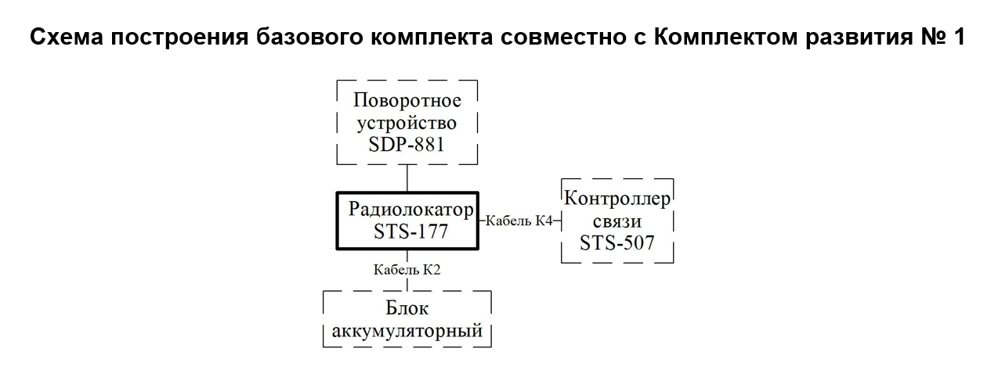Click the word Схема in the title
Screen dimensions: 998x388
tap(67, 37)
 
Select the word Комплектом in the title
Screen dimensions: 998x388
tap(725, 37)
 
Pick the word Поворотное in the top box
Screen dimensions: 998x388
tap(407, 101)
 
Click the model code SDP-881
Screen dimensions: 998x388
tap(407, 144)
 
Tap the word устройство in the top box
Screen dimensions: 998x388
tap(407, 124)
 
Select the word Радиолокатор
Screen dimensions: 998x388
tap(410, 210)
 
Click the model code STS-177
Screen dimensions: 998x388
tap(410, 232)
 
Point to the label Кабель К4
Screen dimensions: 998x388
tap(519, 221)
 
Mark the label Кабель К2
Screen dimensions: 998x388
tap(407, 270)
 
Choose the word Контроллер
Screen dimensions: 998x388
tap(617, 199)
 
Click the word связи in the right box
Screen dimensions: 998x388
tap(617, 221)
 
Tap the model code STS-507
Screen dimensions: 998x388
tap(617, 242)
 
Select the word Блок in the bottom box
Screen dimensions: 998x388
tap(407, 308)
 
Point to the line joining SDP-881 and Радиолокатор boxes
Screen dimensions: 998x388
tap(407, 178)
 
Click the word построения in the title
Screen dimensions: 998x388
tap(179, 38)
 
